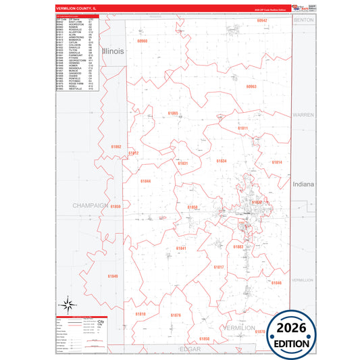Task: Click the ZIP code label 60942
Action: [262, 21]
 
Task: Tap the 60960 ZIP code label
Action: [142, 41]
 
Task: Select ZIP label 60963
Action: [251, 86]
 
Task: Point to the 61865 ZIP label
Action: [173, 113]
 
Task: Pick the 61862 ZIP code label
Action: [116, 147]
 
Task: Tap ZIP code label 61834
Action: [222, 161]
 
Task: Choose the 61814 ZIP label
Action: [277, 162]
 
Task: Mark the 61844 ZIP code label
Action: [146, 181]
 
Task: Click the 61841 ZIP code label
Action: [181, 249]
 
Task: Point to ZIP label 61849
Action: [112, 276]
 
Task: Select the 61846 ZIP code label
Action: [276, 282]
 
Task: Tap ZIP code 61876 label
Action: [176, 315]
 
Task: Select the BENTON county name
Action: [303, 22]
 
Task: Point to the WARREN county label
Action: [303, 115]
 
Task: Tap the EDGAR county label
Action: [191, 349]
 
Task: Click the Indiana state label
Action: [304, 184]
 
